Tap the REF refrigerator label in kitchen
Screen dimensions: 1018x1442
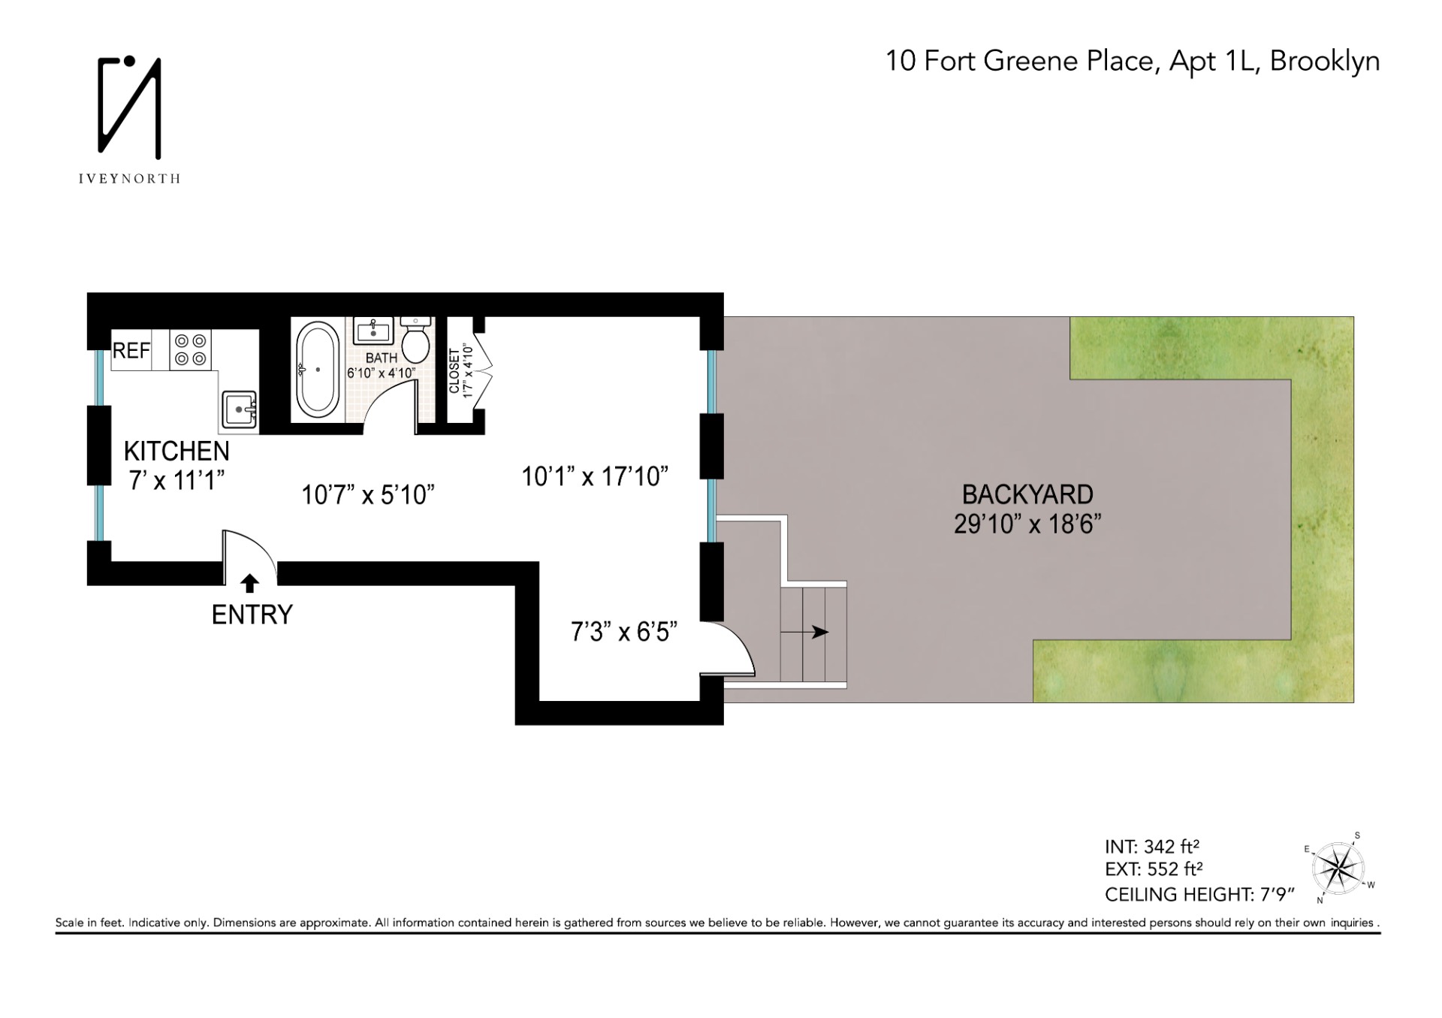(131, 351)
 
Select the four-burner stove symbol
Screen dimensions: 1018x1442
(191, 350)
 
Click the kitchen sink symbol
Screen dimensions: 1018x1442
(240, 409)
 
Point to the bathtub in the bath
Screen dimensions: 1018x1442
(318, 369)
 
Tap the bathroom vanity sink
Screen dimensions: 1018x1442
(373, 330)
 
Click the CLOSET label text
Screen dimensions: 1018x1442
(454, 370)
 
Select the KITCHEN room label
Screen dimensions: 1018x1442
(176, 451)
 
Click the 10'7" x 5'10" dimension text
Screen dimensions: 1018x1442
(368, 494)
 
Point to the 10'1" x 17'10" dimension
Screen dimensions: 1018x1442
(595, 476)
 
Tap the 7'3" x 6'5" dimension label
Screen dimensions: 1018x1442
(624, 632)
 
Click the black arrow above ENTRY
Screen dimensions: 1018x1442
(250, 583)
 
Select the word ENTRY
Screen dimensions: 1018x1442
(252, 615)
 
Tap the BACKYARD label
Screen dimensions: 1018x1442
(1027, 494)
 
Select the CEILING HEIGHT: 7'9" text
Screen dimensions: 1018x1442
(1200, 895)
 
